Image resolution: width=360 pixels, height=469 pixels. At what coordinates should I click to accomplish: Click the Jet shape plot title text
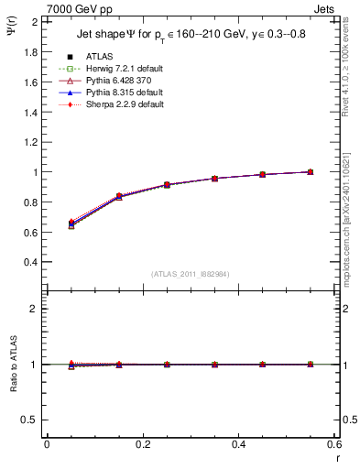[190, 36]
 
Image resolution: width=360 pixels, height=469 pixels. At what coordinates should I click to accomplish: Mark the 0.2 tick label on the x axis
[142, 445]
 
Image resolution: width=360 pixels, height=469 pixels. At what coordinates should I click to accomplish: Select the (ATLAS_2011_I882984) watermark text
[190, 274]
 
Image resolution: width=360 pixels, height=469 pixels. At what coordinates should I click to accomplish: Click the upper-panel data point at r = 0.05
[71, 224]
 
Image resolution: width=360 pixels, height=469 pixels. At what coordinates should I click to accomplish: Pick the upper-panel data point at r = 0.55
[311, 171]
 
